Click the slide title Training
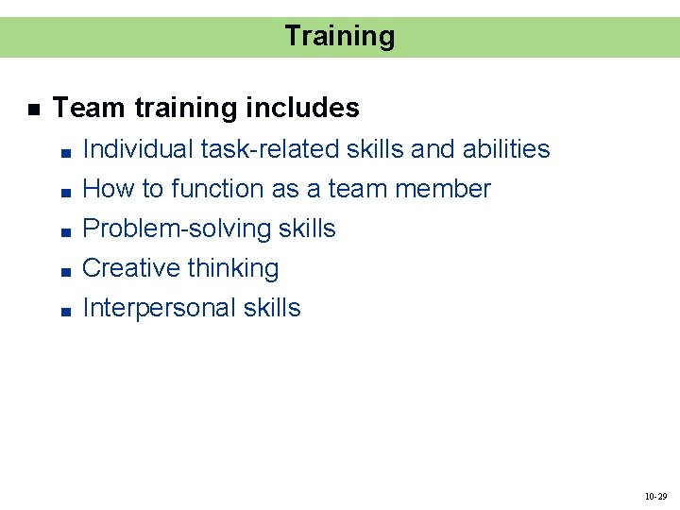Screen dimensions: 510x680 pos(339,37)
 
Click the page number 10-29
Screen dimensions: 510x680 pos(655,496)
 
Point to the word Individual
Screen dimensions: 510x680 pos(136,149)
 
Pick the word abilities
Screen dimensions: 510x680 pos(506,149)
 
